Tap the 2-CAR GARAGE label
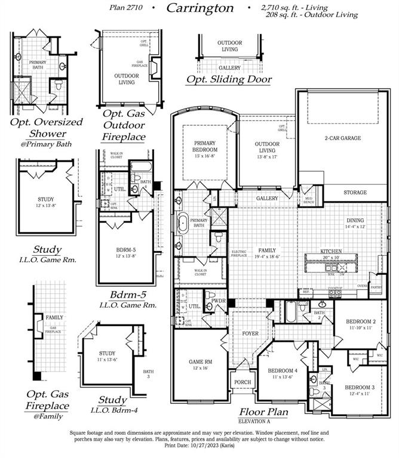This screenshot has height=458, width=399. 342,138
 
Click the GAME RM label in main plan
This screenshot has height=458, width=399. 201,364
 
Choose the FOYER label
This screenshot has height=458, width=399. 249,334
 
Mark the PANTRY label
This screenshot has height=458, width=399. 376,287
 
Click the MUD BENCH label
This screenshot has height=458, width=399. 309,200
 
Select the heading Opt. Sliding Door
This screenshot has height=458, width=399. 229,79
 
